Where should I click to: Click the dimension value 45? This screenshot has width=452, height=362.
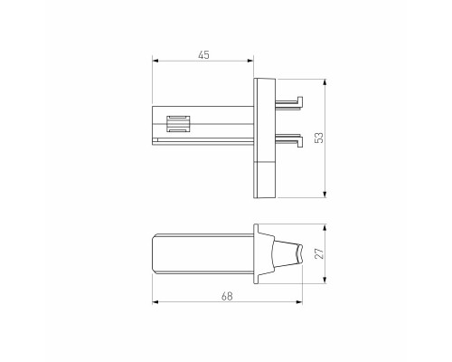pyautogui.click(x=203, y=56)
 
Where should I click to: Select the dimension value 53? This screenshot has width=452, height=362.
pyautogui.click(x=318, y=137)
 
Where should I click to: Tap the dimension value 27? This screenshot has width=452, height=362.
pyautogui.click(x=318, y=254)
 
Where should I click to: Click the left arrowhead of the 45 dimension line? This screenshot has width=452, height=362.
pyautogui.click(x=155, y=62)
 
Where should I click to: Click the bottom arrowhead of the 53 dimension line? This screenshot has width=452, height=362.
pyautogui.click(x=325, y=196)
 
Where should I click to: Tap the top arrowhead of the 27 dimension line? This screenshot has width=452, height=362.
pyautogui.click(x=325, y=226)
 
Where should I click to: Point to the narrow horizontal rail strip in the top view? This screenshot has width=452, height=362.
pyautogui.click(x=203, y=141)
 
